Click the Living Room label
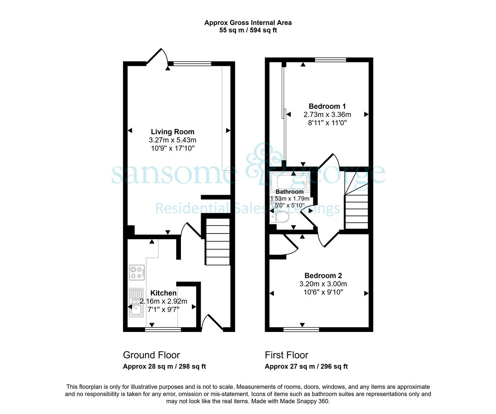pyautogui.click(x=172, y=131)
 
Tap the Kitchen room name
pyautogui.click(x=164, y=293)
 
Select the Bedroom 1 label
pyautogui.click(x=327, y=106)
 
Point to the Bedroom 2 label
pyautogui.click(x=323, y=275)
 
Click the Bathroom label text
pyautogui.click(x=290, y=191)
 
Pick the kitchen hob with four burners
pyautogui.click(x=137, y=273)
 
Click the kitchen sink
pyautogui.click(x=136, y=302)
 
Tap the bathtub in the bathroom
pyautogui.click(x=292, y=182)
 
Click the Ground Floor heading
pyautogui.click(x=151, y=355)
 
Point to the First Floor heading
pyautogui.click(x=286, y=355)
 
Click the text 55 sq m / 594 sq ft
pyautogui.click(x=248, y=30)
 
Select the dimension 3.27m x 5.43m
pyautogui.click(x=172, y=140)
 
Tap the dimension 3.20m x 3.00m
pyautogui.click(x=323, y=284)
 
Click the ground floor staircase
pyautogui.click(x=218, y=242)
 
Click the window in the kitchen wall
pyautogui.click(x=163, y=329)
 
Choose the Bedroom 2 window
pyautogui.click(x=301, y=329)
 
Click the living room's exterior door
pyautogui.click(x=157, y=56)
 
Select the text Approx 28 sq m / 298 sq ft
pyautogui.click(x=164, y=366)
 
